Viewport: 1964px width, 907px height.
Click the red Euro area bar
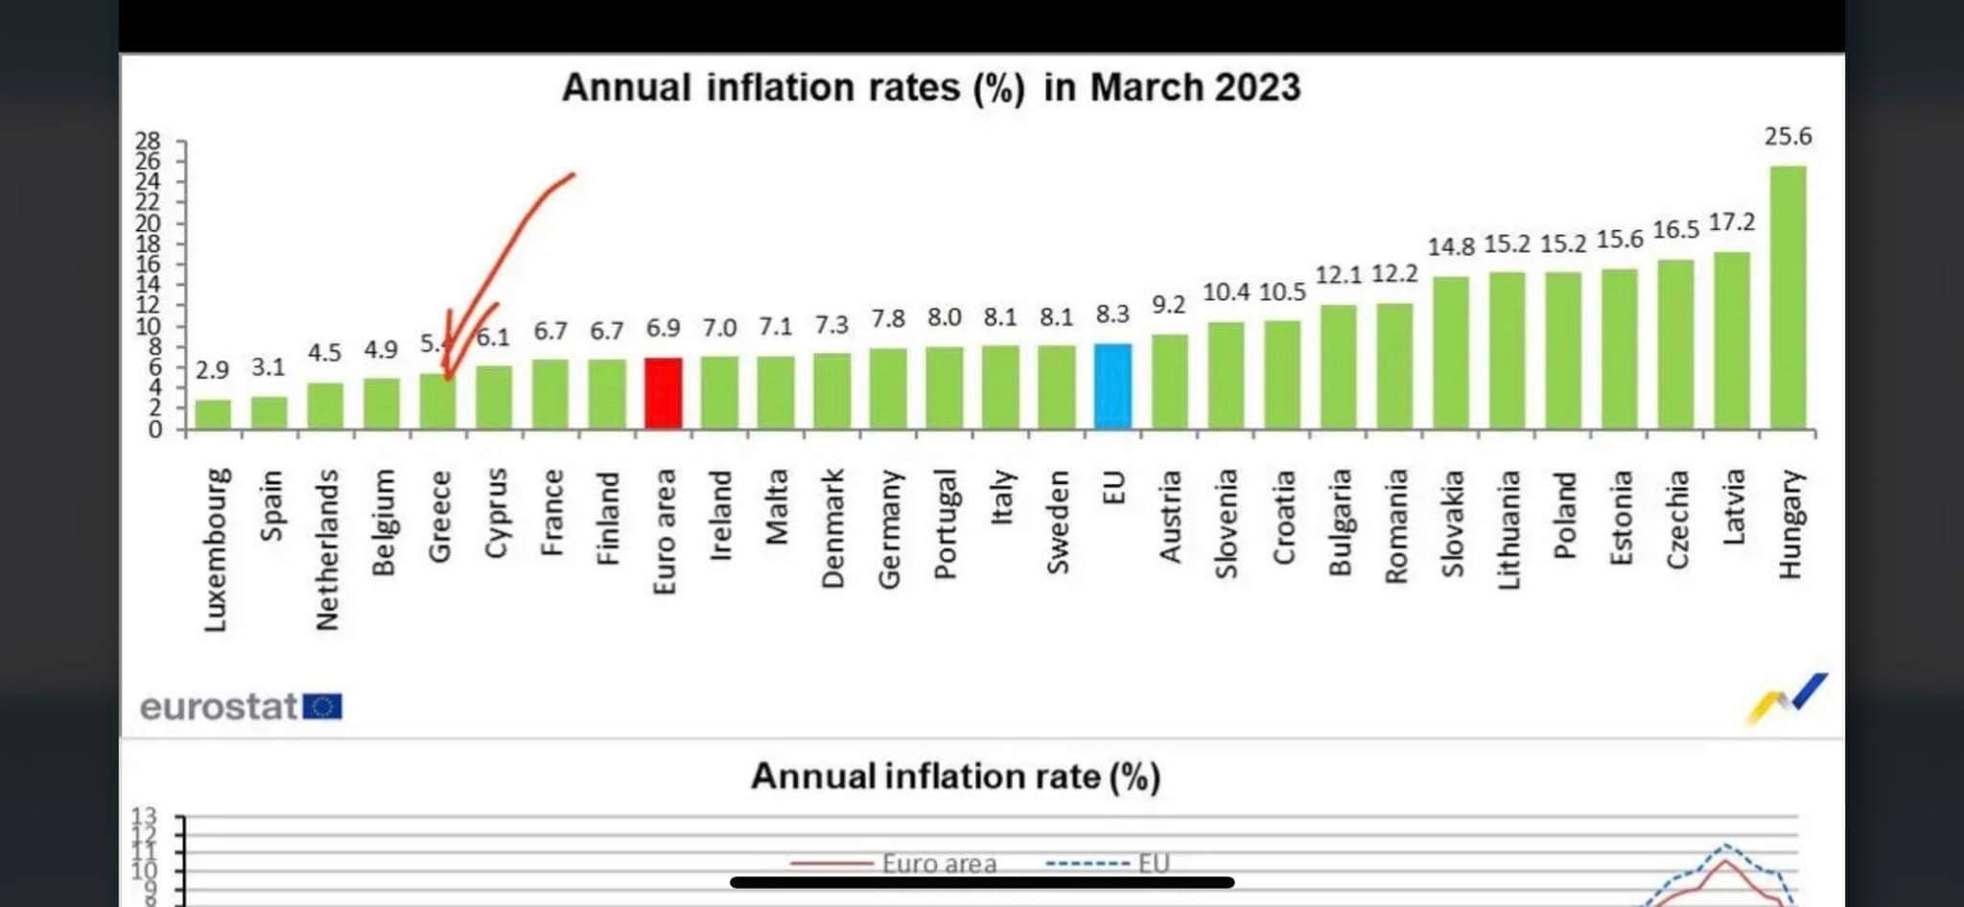pos(664,393)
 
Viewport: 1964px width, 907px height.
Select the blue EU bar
pos(1112,385)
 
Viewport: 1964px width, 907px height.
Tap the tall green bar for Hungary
pos(1788,297)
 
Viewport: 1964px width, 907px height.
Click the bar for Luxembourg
pos(213,414)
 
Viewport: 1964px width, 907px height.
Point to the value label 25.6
pos(1788,137)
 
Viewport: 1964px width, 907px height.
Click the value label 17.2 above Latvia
pos(1732,222)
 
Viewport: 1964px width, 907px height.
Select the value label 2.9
pos(212,370)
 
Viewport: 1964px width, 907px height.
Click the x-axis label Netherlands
pos(327,549)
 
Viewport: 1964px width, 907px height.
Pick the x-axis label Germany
pos(889,528)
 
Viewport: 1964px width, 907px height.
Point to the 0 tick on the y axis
pos(154,430)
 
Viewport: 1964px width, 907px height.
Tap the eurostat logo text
pos(219,708)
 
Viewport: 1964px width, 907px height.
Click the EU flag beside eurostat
pos(322,708)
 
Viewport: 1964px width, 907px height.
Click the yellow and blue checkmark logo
pos(1787,698)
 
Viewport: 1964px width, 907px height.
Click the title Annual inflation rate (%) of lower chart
pos(955,776)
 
